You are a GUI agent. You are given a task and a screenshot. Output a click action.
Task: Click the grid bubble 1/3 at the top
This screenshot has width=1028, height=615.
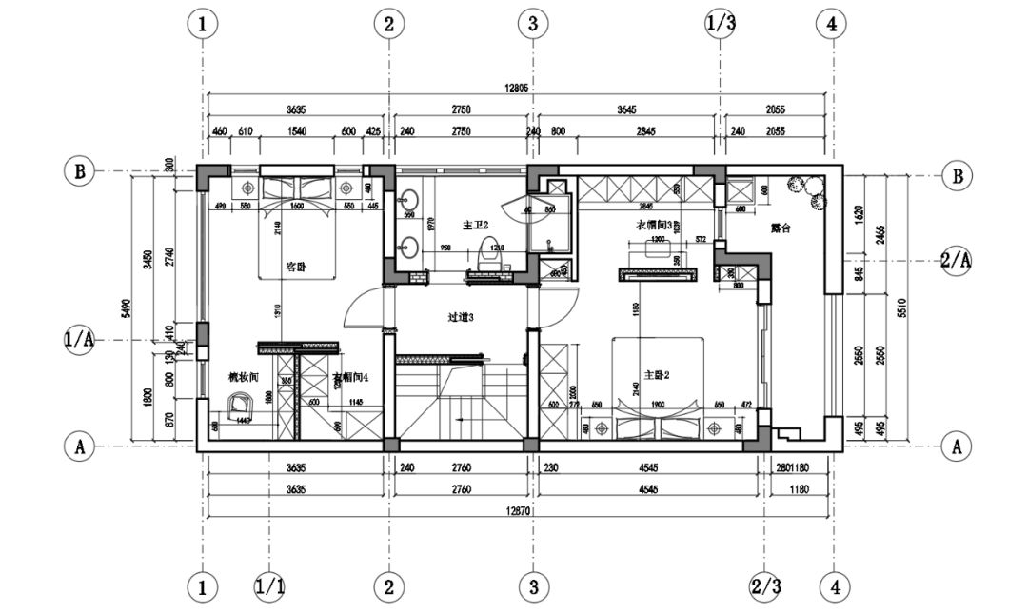[x=721, y=24]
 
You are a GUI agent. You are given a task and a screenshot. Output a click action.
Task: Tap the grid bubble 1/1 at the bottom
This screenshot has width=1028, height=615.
[x=269, y=587]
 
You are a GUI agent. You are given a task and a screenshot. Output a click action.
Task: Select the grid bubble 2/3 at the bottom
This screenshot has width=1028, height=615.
[x=765, y=587]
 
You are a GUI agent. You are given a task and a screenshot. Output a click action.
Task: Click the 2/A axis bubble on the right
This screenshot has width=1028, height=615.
[x=956, y=259]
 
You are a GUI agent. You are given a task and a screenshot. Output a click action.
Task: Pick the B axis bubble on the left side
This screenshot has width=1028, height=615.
[x=81, y=172]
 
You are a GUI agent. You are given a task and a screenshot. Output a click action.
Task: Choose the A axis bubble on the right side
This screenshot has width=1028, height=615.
[x=956, y=445]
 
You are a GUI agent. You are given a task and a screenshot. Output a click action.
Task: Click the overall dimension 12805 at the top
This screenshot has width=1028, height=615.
[x=517, y=88]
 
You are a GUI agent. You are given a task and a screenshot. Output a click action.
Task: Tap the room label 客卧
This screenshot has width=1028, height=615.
[x=295, y=268]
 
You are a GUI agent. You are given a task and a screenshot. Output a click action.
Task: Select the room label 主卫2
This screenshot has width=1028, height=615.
[x=475, y=226]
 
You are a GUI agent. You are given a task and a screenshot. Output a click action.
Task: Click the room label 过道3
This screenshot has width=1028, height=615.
[x=461, y=317]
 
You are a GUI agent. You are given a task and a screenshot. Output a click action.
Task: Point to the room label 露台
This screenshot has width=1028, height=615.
[x=781, y=228]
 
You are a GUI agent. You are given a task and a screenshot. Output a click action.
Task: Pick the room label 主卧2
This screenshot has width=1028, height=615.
[x=658, y=375]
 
